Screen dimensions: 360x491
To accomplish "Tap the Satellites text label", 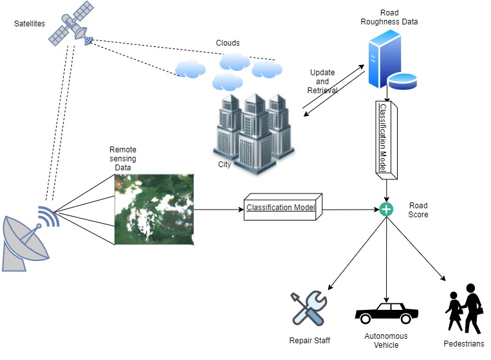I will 30,24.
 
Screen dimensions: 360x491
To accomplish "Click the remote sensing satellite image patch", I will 154,210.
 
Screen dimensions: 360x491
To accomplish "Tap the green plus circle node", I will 385,209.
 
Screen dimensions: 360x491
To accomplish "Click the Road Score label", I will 419,211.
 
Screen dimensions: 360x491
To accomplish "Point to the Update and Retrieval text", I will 322,82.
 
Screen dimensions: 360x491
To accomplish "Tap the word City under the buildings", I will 225,164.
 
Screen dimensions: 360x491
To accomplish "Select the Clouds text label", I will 227,43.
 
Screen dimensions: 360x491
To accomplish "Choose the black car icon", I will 386,314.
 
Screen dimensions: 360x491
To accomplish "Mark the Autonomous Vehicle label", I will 386,340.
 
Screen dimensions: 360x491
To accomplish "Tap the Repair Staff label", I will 310,340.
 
